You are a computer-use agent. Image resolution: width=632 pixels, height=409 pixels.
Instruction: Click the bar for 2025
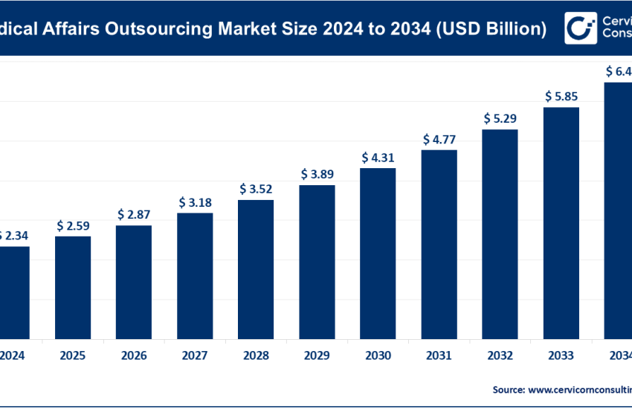click(x=73, y=287)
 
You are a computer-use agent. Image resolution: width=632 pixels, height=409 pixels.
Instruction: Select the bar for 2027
click(x=195, y=275)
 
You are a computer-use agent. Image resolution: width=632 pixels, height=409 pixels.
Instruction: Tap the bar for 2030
click(x=378, y=253)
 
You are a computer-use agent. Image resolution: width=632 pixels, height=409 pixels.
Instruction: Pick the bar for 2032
click(x=500, y=234)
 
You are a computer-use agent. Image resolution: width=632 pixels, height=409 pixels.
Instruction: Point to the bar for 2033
click(x=561, y=222)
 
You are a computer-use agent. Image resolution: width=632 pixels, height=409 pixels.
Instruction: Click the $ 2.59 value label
click(x=73, y=225)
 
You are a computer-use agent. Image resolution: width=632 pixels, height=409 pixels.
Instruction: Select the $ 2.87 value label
click(x=134, y=214)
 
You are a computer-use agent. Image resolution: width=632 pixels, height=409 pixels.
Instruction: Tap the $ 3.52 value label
click(x=256, y=188)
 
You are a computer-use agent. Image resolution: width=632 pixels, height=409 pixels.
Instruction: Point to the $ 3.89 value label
click(x=317, y=174)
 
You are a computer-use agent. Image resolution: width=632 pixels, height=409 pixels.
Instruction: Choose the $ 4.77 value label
click(x=439, y=139)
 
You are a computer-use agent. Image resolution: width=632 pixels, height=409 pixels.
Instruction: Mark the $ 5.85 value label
click(x=561, y=96)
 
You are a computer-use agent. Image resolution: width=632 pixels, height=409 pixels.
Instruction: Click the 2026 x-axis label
click(x=134, y=355)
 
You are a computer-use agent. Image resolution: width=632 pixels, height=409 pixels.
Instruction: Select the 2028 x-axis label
click(x=256, y=355)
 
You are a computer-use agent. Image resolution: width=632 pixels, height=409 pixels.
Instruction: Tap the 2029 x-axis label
click(x=317, y=355)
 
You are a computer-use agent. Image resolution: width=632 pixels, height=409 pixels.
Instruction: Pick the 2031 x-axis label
click(x=439, y=355)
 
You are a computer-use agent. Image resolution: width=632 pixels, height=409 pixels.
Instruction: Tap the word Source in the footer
click(x=509, y=389)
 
